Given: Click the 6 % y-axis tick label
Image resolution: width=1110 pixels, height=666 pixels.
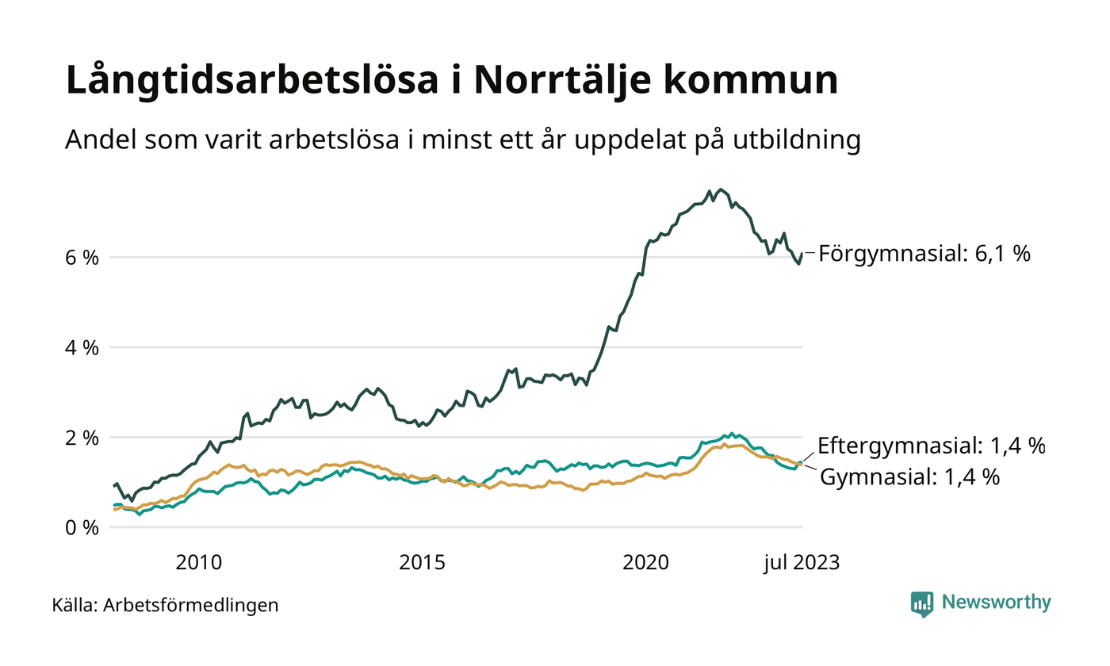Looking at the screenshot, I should tap(81, 258).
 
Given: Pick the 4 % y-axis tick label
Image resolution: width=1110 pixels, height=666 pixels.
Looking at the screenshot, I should tap(81, 347).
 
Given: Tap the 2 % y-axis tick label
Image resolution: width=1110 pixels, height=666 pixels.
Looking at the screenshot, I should tap(81, 438).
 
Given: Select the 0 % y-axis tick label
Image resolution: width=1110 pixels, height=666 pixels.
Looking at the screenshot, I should tap(81, 527).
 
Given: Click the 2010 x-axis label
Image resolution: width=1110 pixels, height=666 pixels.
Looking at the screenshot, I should tap(198, 563).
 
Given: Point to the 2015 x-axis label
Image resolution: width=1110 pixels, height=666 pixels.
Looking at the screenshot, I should tap(423, 563).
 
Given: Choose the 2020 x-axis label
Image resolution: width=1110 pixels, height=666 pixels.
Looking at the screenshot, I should tap(647, 563).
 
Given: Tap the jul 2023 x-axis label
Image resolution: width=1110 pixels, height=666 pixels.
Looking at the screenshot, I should tap(801, 563).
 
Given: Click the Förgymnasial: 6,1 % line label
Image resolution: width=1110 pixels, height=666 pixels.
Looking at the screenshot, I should tap(924, 255).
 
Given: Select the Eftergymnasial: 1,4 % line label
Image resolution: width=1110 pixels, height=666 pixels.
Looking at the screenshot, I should tap(931, 446).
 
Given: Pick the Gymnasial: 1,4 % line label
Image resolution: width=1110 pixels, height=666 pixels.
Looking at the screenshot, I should tap(909, 477).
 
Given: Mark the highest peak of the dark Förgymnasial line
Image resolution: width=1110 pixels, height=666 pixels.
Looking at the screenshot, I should tap(720, 189).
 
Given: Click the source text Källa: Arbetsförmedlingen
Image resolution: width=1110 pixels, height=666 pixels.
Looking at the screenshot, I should tap(165, 606).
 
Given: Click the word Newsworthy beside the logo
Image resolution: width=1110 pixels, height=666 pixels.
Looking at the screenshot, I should tap(996, 603).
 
